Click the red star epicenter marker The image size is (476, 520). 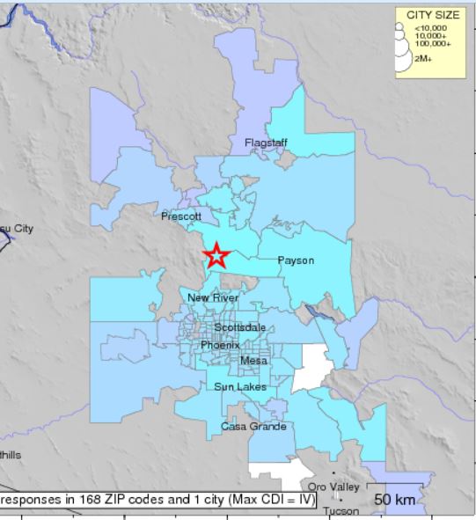(216, 256)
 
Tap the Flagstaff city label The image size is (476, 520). (265, 142)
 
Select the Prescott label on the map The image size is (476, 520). (181, 216)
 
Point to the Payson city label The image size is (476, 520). (296, 260)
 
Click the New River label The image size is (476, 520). (213, 298)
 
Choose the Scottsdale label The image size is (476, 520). (239, 327)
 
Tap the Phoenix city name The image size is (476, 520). (220, 345)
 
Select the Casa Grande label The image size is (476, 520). (253, 427)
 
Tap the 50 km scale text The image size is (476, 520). (395, 500)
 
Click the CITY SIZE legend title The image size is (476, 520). (433, 16)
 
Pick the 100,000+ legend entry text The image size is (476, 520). (434, 43)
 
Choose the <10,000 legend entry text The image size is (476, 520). (430, 27)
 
